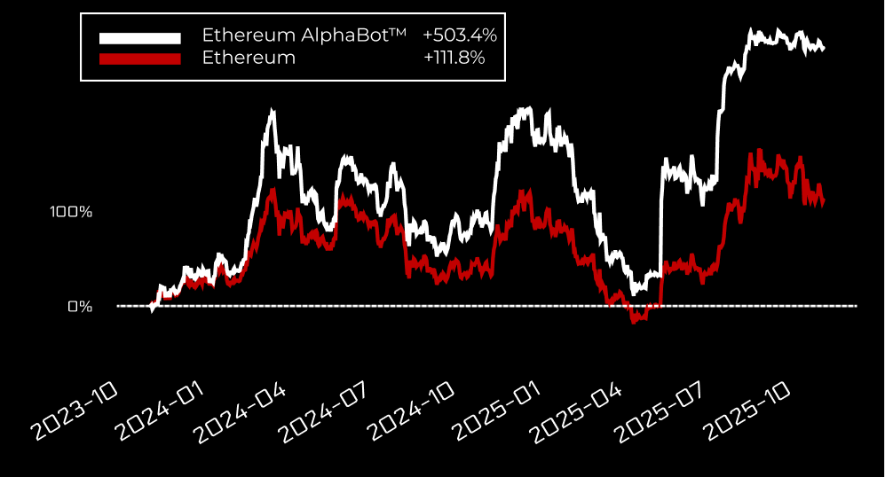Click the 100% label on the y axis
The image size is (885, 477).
coord(71,212)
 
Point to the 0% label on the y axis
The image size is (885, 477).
coord(80,307)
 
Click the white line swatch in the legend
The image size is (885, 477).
coord(139,37)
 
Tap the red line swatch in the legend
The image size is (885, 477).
coord(139,59)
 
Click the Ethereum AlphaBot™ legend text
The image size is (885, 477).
coord(304,36)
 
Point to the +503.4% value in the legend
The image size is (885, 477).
coord(460,36)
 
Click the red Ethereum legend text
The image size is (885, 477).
coord(249,59)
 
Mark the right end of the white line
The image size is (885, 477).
coord(824,48)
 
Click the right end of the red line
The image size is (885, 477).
coord(824,202)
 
